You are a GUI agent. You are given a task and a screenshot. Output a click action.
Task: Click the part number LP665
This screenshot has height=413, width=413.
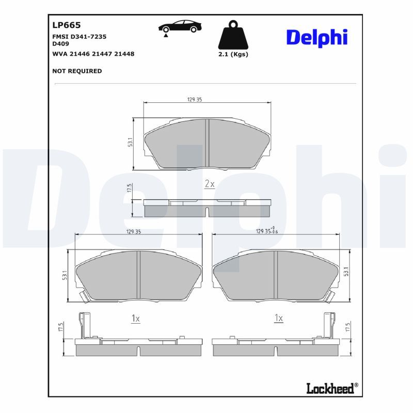pyautogui.click(x=67, y=25)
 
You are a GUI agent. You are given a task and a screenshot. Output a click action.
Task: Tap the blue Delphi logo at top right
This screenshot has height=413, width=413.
pyautogui.click(x=317, y=38)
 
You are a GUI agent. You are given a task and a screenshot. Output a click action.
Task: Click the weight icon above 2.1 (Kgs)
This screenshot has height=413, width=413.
pyautogui.click(x=233, y=35)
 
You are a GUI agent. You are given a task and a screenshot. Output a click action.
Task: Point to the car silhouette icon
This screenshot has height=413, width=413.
pyautogui.click(x=180, y=27)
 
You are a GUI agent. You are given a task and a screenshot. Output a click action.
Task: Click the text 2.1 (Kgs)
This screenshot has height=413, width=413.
pyautogui.click(x=233, y=54)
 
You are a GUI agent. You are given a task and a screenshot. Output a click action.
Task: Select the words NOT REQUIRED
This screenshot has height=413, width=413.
pyautogui.click(x=77, y=71)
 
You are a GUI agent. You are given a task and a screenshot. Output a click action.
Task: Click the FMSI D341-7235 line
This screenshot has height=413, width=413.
pyautogui.click(x=80, y=37)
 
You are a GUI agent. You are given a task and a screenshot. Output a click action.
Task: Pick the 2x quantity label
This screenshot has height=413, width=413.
pyautogui.click(x=210, y=184)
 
